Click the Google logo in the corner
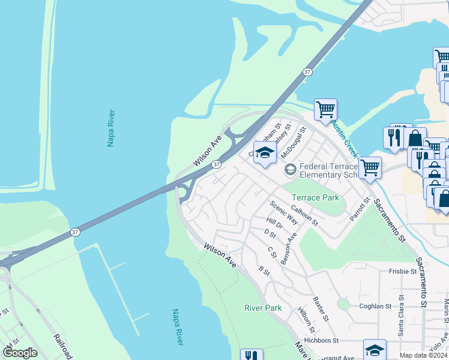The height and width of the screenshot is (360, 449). pyautogui.click(x=20, y=353)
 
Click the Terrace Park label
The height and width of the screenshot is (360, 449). pyautogui.click(x=315, y=197)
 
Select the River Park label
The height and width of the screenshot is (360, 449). pyautogui.click(x=263, y=308)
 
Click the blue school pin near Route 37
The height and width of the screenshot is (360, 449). pyautogui.click(x=265, y=153)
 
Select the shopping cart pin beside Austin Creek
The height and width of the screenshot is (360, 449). pyautogui.click(x=325, y=110)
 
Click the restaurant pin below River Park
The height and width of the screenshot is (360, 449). pyautogui.click(x=252, y=355)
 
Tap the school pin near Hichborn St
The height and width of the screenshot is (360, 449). pyautogui.click(x=375, y=349)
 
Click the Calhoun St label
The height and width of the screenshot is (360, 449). pyautogui.click(x=304, y=216)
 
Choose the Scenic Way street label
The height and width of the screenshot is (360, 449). pyautogui.click(x=284, y=212)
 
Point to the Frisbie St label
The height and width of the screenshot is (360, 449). pyautogui.click(x=402, y=271)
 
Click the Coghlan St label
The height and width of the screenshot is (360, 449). pyautogui.click(x=375, y=306)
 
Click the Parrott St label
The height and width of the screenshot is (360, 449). pyautogui.click(x=359, y=210)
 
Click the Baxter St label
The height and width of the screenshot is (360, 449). pyautogui.click(x=320, y=307)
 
